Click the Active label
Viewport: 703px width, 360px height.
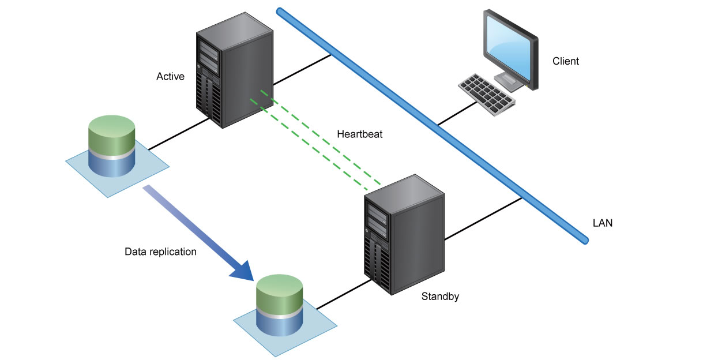(x=170, y=76)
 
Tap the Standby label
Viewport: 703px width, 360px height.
(x=440, y=297)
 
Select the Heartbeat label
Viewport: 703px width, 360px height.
(x=360, y=134)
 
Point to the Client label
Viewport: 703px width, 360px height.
(x=566, y=61)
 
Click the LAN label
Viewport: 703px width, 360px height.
(x=603, y=223)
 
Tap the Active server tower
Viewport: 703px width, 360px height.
(x=235, y=70)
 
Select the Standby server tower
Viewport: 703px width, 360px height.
(x=404, y=234)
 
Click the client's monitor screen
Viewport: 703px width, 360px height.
(x=509, y=47)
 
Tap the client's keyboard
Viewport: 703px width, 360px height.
(x=487, y=94)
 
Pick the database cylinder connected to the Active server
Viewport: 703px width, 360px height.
(x=112, y=146)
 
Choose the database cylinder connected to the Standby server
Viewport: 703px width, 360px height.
(x=279, y=305)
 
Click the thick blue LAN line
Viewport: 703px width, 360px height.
(x=432, y=126)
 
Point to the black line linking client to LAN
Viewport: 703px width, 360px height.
(x=457, y=113)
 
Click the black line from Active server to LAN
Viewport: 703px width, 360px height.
(x=302, y=70)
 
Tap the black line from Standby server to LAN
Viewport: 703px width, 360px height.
(x=483, y=219)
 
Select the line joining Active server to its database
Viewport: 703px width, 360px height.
(x=179, y=134)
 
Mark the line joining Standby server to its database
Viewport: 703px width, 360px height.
(x=344, y=294)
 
